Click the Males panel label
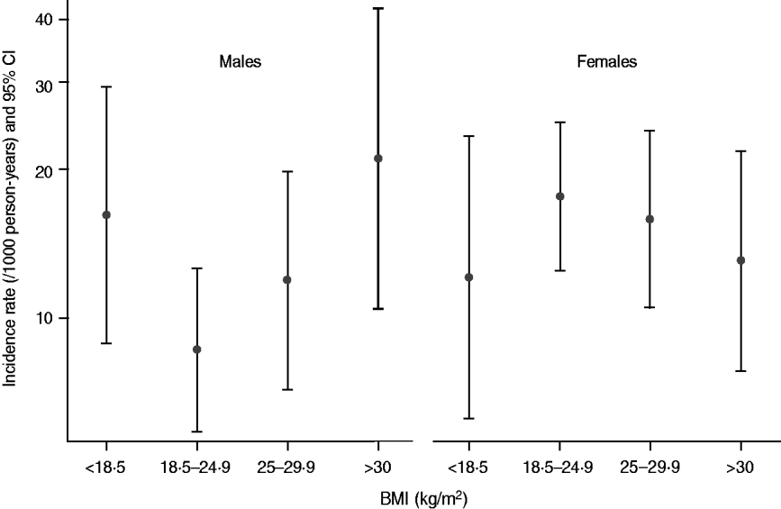pyautogui.click(x=240, y=63)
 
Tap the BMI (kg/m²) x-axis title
pyautogui.click(x=422, y=496)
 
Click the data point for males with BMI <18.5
pyautogui.click(x=106, y=214)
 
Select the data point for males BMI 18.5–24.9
pyautogui.click(x=197, y=350)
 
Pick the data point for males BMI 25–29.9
pyautogui.click(x=287, y=280)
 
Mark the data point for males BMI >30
pyautogui.click(x=378, y=159)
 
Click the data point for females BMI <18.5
pyautogui.click(x=468, y=277)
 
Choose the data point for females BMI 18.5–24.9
pyautogui.click(x=560, y=196)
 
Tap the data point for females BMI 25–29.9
pyautogui.click(x=649, y=219)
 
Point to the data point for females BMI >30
pyautogui.click(x=740, y=260)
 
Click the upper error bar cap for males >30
pyautogui.click(x=378, y=8)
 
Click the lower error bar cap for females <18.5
pyautogui.click(x=468, y=418)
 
